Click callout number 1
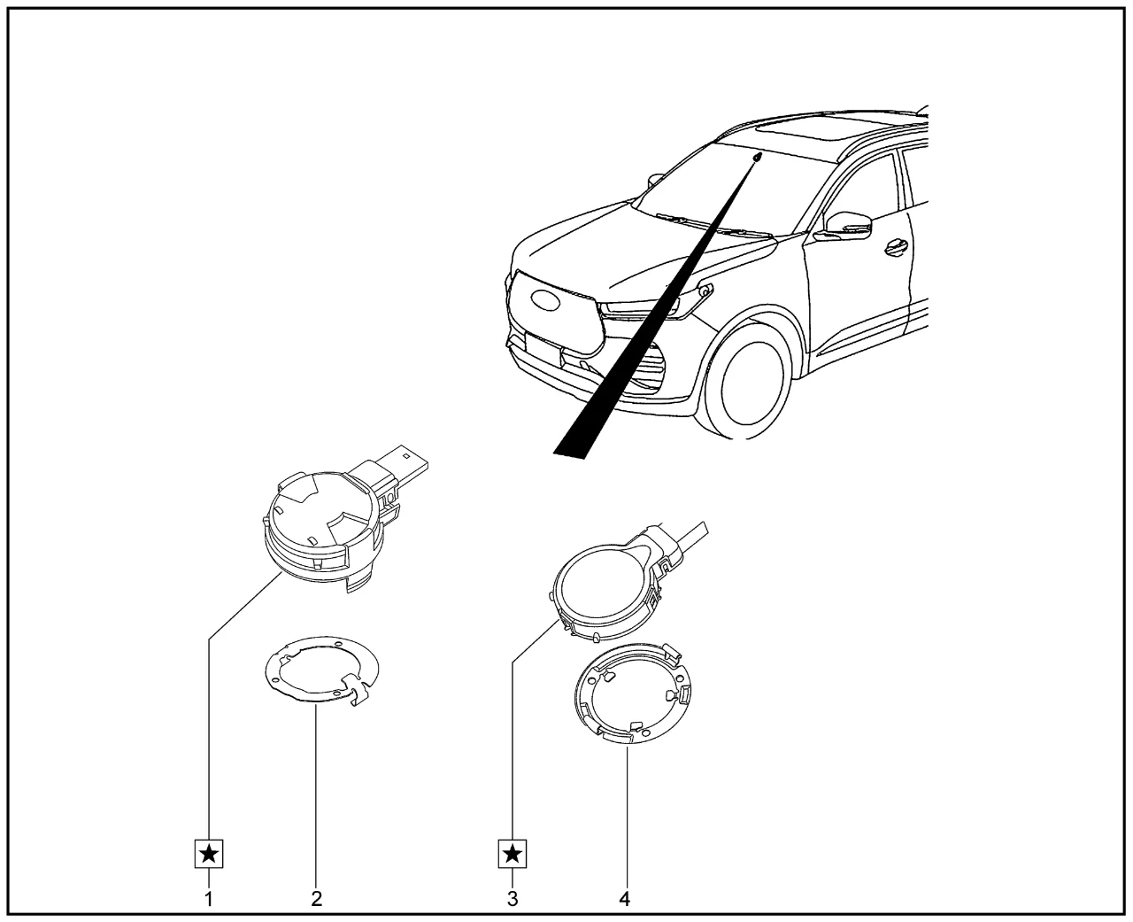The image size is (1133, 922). pyautogui.click(x=209, y=899)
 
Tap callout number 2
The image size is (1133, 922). pyautogui.click(x=317, y=899)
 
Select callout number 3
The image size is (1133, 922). pyautogui.click(x=513, y=899)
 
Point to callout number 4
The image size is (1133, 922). pyautogui.click(x=625, y=899)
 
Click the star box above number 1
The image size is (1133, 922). pyautogui.click(x=209, y=854)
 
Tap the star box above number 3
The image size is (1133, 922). pyautogui.click(x=513, y=854)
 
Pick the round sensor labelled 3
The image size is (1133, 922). pyautogui.click(x=604, y=591)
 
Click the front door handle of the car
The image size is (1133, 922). pyautogui.click(x=897, y=246)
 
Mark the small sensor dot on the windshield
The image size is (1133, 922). pyautogui.click(x=758, y=157)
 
